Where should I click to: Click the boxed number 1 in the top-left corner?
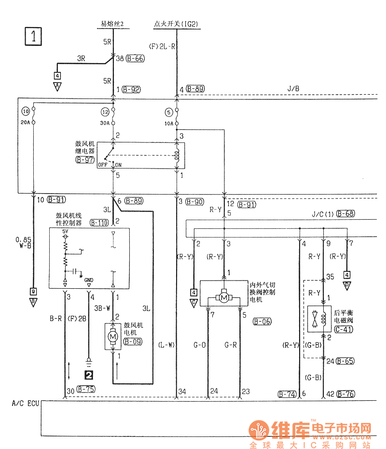point(33,36)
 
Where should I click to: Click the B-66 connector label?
point(135,58)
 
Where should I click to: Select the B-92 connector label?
point(131,89)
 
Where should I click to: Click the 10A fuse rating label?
point(168,123)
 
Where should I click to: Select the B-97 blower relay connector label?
point(85,160)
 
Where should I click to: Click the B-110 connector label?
point(99,223)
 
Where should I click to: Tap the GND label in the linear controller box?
point(89,280)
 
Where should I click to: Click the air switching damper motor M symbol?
point(224,298)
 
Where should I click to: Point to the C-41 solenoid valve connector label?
point(343,330)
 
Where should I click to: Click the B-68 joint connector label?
point(346,213)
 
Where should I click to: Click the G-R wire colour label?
point(231,346)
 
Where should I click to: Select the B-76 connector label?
point(346,394)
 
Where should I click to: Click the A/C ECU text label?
point(24,403)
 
